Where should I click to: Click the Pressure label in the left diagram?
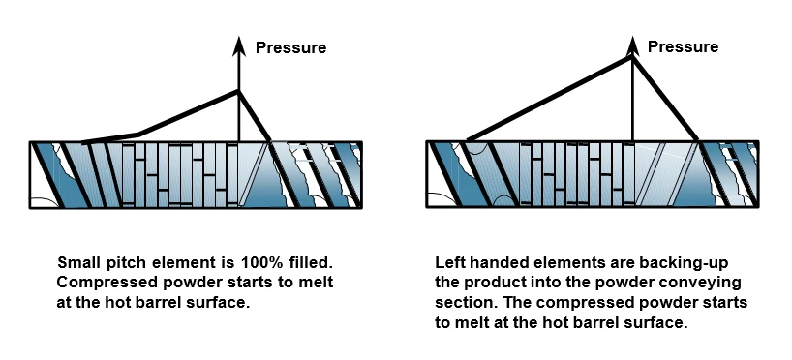pyautogui.click(x=290, y=48)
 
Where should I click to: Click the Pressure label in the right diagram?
pyautogui.click(x=683, y=47)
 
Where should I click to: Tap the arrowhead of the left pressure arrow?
pyautogui.click(x=239, y=46)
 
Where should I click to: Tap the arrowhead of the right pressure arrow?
pyautogui.click(x=632, y=45)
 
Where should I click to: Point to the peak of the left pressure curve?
pyautogui.click(x=238, y=91)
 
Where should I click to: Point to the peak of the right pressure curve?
pyautogui.click(x=631, y=57)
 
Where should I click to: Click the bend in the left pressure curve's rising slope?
pyautogui.click(x=137, y=135)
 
